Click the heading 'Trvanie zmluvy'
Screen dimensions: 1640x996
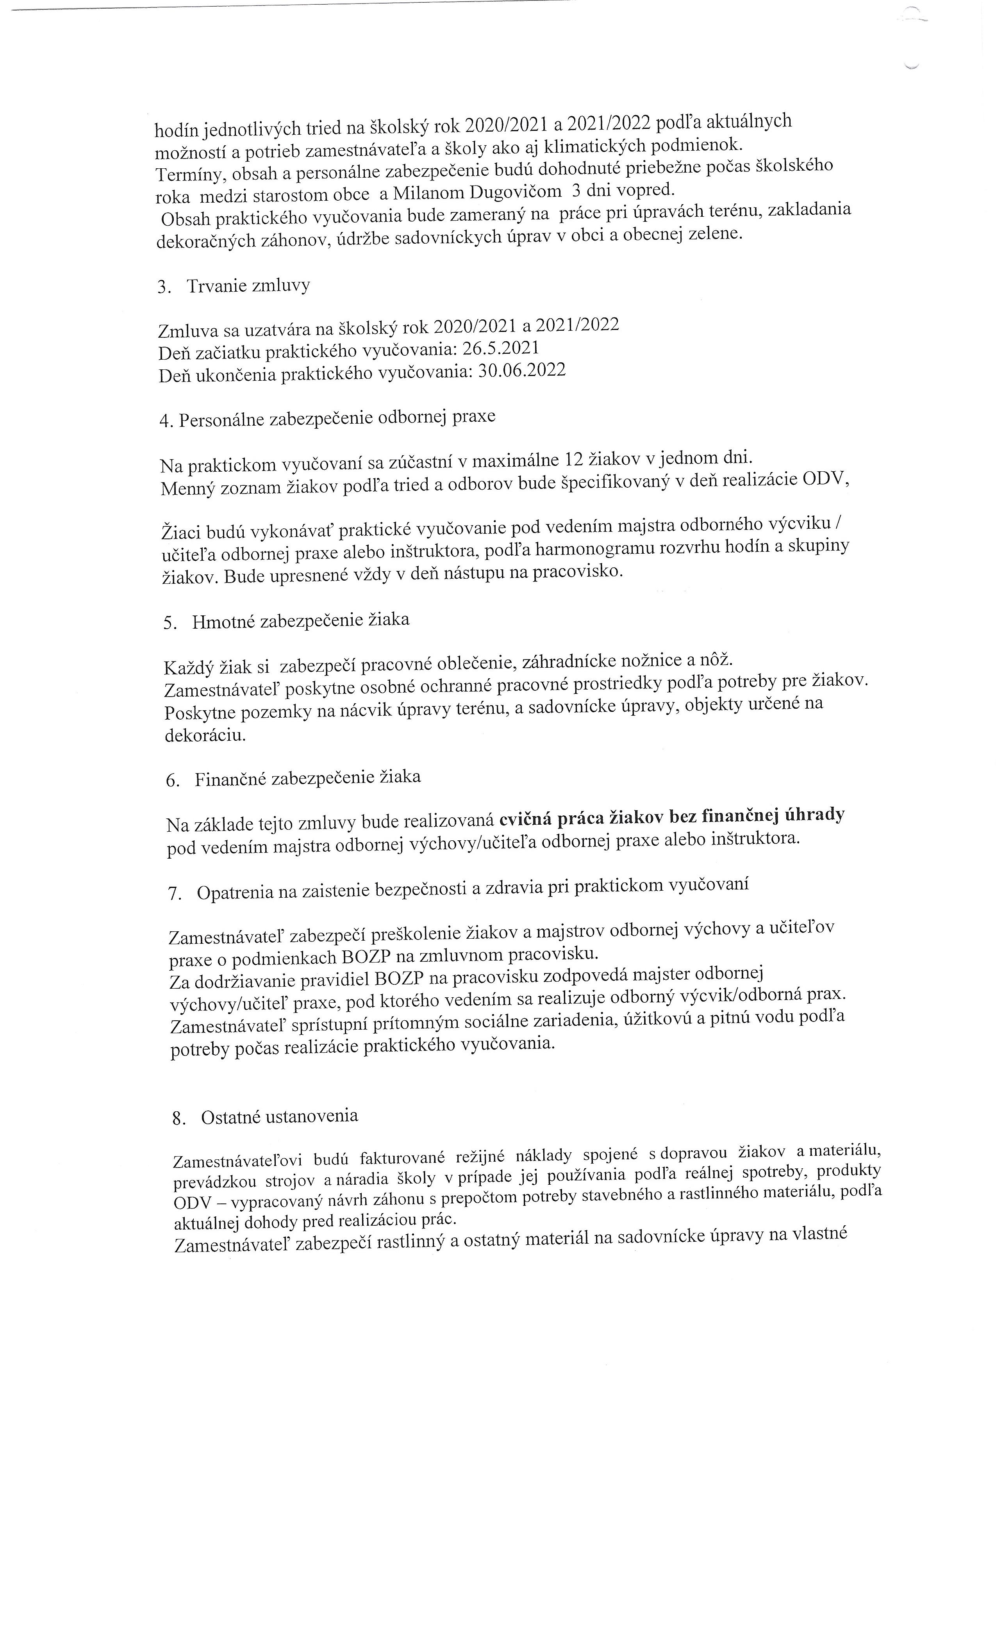pyautogui.click(x=248, y=286)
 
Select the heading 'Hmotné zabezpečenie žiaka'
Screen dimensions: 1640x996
pyautogui.click(x=301, y=620)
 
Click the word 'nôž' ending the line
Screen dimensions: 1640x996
pyautogui.click(x=715, y=659)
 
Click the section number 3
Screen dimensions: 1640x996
pyautogui.click(x=164, y=287)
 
